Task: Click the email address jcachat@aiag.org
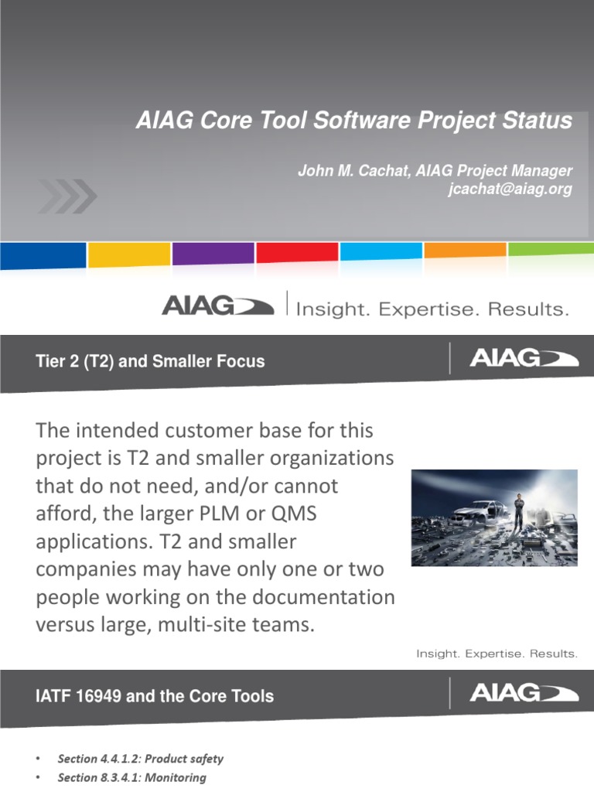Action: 510,190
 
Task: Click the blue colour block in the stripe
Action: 43,255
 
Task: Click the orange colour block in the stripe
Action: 466,251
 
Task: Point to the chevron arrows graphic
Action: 68,196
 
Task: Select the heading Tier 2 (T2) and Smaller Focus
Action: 150,361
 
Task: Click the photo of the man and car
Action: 493,517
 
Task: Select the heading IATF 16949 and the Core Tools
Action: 155,696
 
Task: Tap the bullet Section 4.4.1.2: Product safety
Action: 140,759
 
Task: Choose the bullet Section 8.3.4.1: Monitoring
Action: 131,778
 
